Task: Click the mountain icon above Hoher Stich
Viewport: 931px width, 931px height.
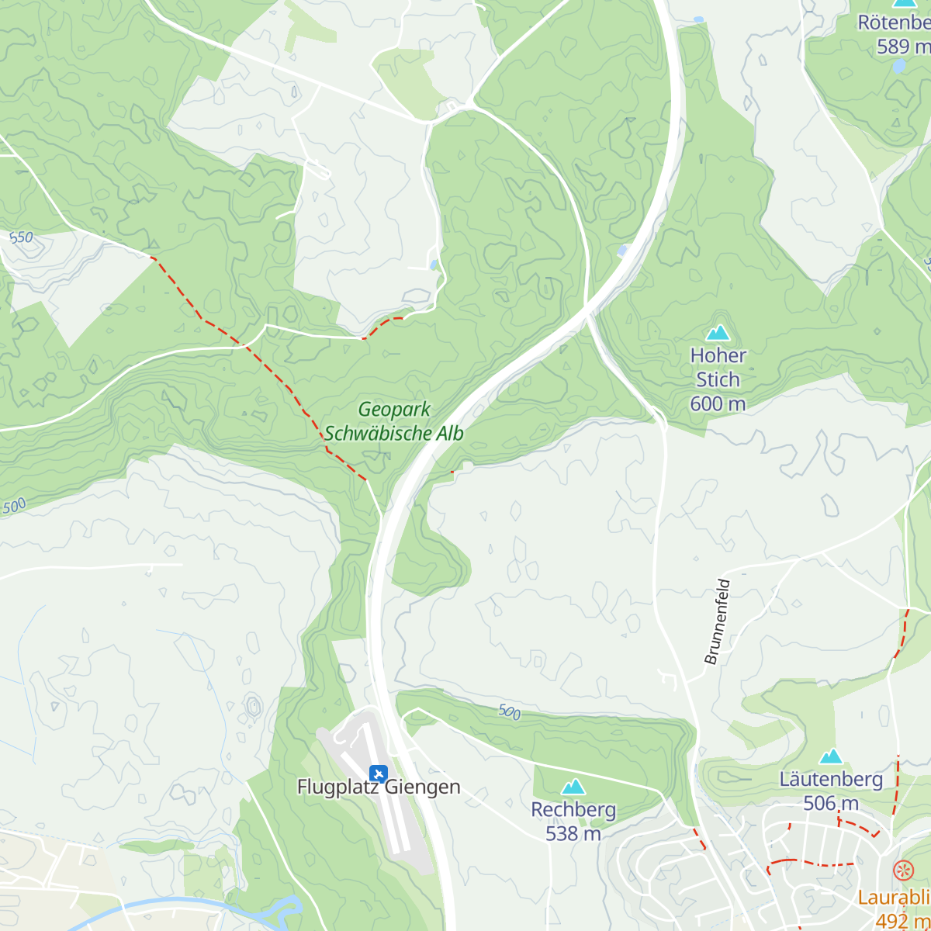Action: tap(718, 333)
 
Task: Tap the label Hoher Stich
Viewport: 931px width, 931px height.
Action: tap(718, 368)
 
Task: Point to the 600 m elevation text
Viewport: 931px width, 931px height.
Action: tap(718, 403)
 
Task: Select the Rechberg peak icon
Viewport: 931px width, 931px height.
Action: tap(573, 787)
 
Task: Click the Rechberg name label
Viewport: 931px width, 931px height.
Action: tap(573, 809)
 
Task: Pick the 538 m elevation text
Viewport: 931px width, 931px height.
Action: tap(573, 833)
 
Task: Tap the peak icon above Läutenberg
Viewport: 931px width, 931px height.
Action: tap(831, 756)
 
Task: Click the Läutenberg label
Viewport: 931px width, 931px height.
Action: tap(831, 779)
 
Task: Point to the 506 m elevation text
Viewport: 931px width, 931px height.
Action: tap(831, 803)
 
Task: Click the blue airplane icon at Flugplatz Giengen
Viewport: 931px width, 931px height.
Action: tap(379, 773)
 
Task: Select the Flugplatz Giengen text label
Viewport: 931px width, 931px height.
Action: tap(379, 787)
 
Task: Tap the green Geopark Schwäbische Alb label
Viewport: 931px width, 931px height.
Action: tap(394, 421)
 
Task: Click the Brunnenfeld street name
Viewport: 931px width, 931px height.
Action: tap(717, 621)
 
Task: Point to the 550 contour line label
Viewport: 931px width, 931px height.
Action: tap(21, 237)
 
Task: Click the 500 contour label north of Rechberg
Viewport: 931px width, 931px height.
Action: tap(509, 711)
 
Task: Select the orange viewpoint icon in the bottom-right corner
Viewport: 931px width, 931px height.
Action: tap(902, 870)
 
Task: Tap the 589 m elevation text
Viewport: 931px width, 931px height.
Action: tap(902, 47)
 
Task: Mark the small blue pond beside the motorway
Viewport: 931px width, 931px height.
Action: tap(622, 250)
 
